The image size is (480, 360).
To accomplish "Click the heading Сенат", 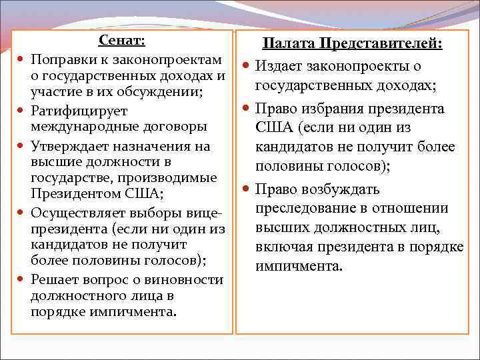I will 121,40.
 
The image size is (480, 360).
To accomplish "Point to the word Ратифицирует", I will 79,111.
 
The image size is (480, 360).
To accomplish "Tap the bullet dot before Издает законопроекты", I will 246,66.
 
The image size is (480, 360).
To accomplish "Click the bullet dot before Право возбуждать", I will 246,189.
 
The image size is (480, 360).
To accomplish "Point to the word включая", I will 285,247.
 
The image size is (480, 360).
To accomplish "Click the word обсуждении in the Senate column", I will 167,91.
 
